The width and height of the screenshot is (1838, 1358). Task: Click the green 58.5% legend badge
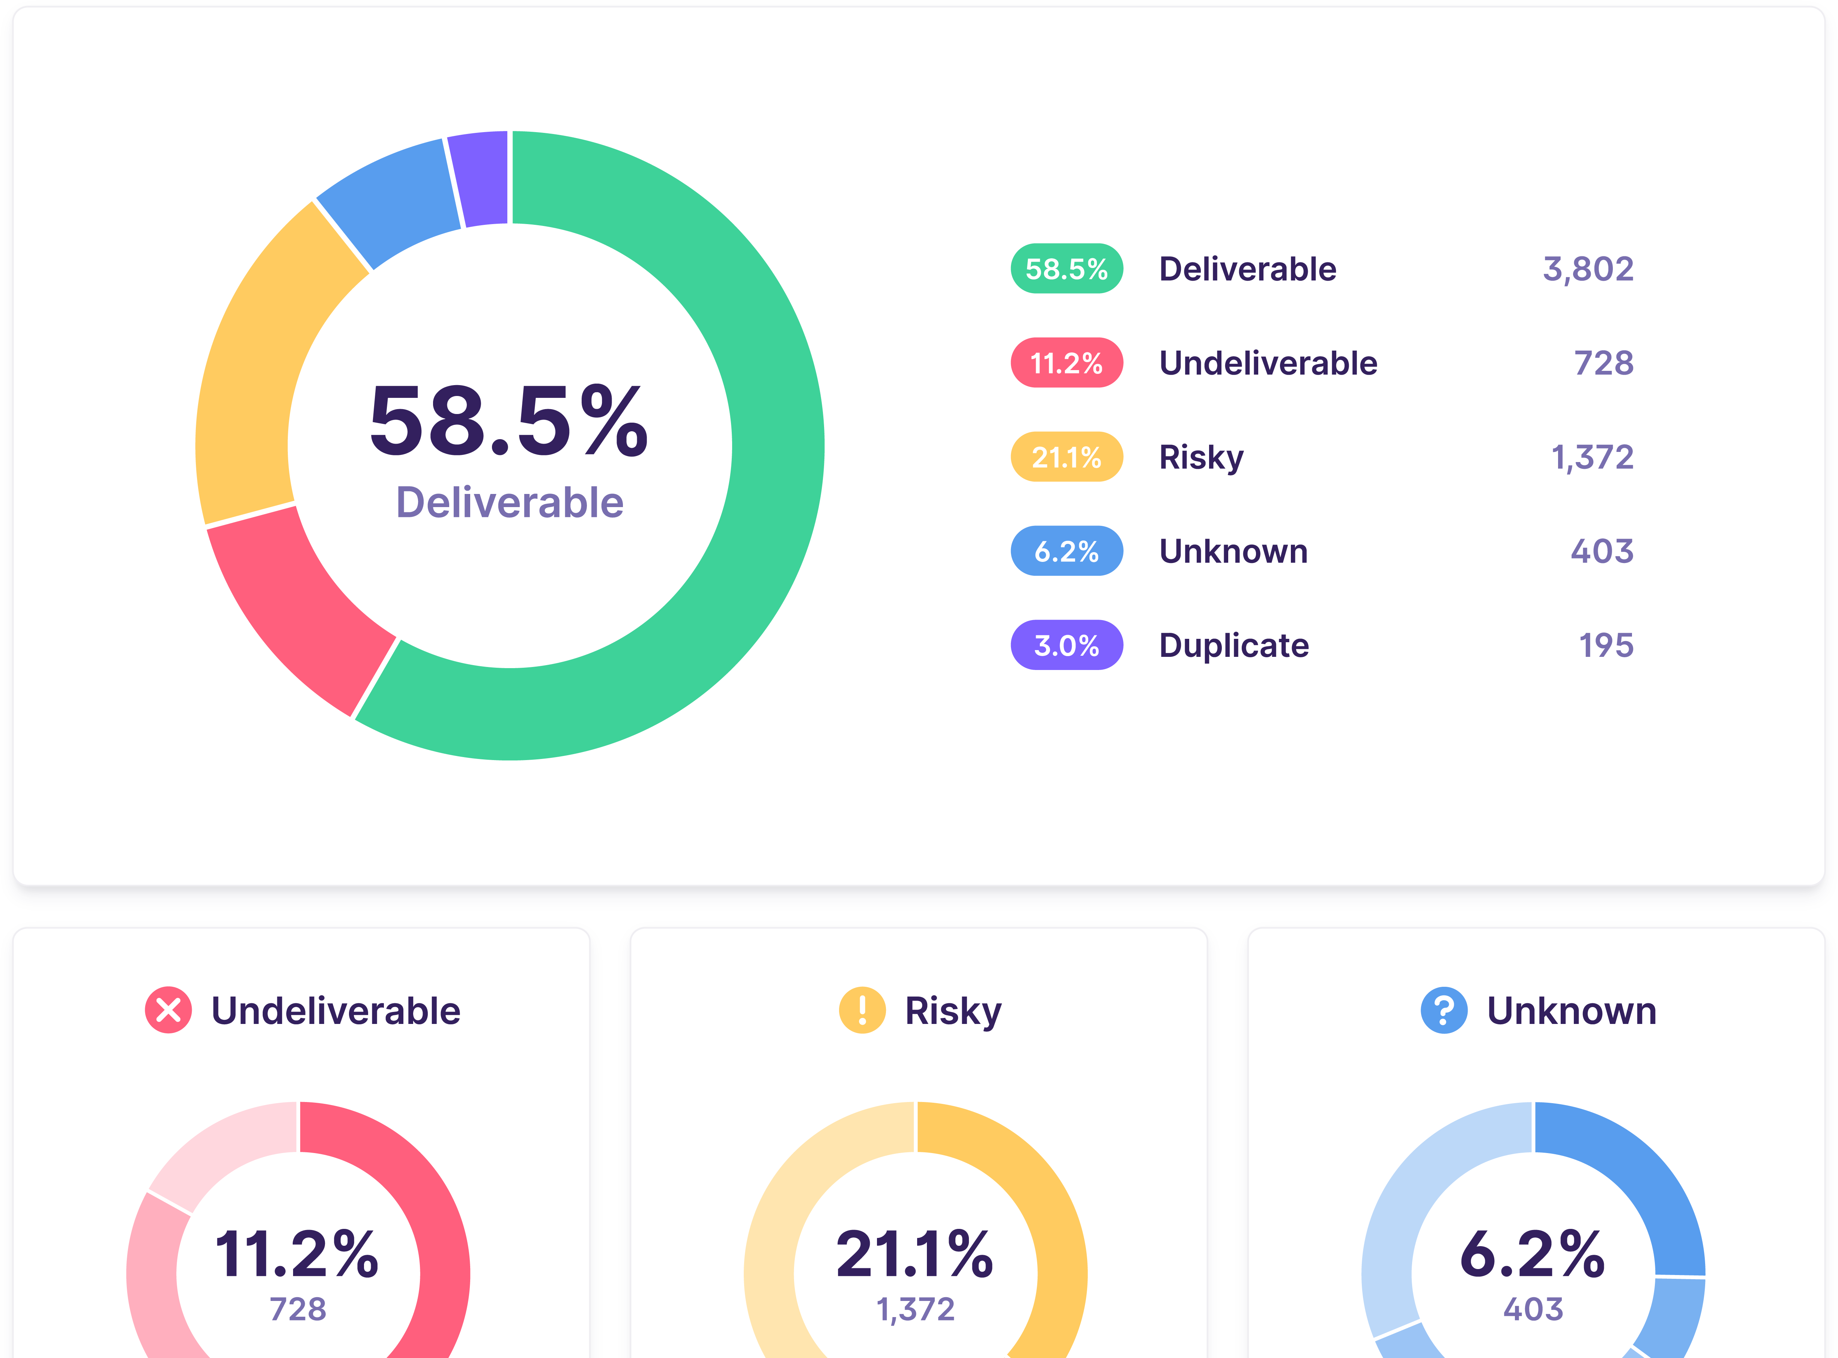pyautogui.click(x=1066, y=269)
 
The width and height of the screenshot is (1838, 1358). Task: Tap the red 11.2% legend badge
pyautogui.click(x=1066, y=363)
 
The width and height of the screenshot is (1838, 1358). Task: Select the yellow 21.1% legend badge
pyautogui.click(x=1066, y=457)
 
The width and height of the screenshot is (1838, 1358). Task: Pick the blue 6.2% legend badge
pyautogui.click(x=1066, y=551)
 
